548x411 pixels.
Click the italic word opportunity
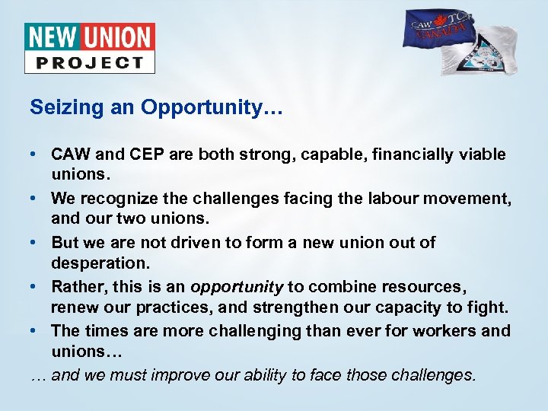(x=237, y=287)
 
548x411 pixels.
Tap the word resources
(x=425, y=287)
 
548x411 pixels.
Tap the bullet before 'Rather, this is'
(x=37, y=287)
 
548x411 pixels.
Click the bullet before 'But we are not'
(x=37, y=243)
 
